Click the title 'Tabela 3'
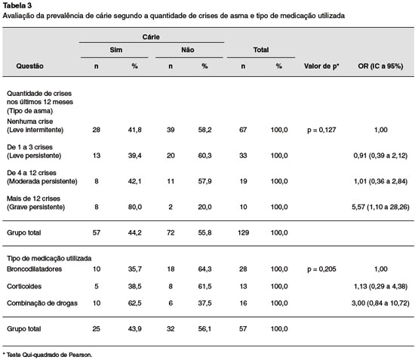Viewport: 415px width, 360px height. (17, 5)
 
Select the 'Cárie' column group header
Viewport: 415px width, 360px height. (151, 37)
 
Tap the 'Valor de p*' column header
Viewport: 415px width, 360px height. (321, 66)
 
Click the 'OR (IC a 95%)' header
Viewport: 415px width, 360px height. (380, 66)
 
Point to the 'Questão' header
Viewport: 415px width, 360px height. (29, 66)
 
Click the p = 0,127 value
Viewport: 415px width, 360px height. (321, 130)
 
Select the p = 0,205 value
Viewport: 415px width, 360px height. (321, 269)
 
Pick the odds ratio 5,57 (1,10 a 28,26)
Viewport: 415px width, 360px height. (380, 207)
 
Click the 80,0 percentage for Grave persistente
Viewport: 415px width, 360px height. (135, 207)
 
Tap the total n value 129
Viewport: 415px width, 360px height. (243, 232)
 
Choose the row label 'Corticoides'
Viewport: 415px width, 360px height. (24, 286)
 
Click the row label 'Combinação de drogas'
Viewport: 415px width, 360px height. (42, 303)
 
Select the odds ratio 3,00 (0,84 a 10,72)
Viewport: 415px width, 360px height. (380, 303)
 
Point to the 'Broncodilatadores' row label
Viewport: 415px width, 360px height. (34, 269)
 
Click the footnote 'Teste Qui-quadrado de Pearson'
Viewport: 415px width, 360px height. (49, 355)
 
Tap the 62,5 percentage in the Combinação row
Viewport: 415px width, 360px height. (135, 303)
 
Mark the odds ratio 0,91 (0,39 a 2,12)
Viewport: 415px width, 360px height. (380, 155)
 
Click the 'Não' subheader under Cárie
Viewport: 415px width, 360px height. (188, 50)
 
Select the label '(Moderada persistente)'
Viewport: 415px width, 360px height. (42, 181)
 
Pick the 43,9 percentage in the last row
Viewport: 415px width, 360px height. (135, 329)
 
